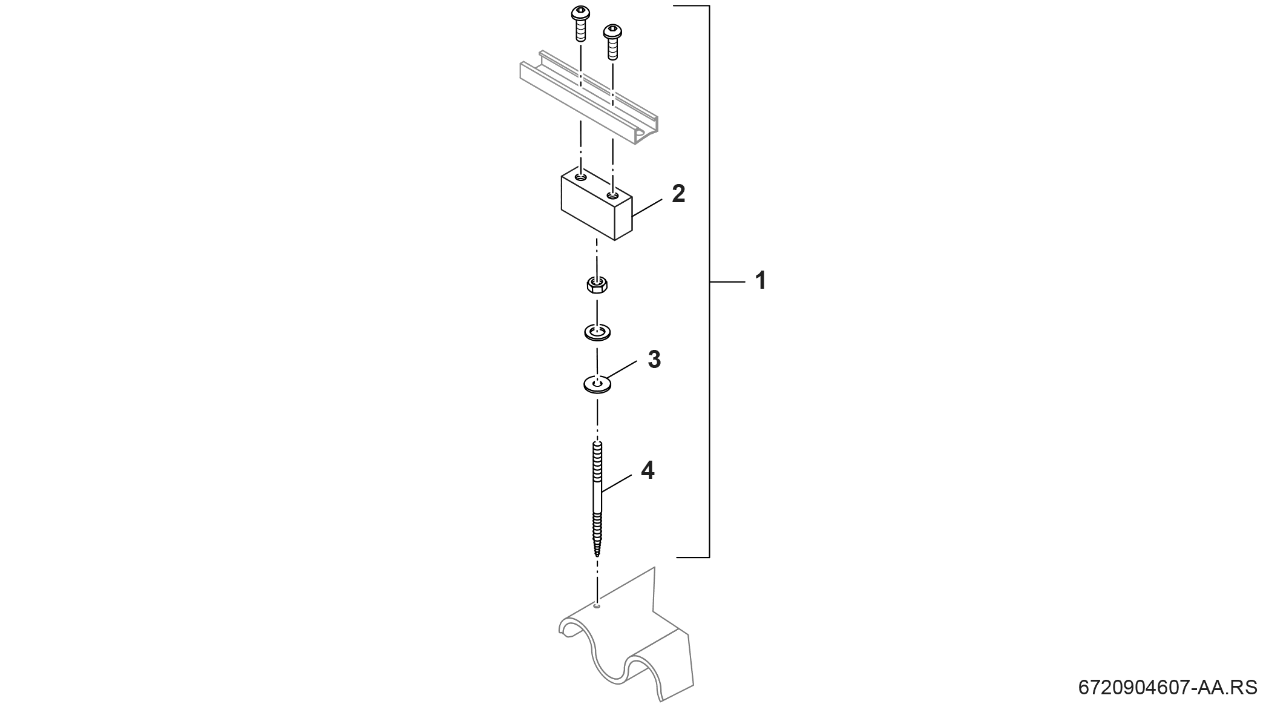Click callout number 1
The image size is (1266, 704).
tap(761, 281)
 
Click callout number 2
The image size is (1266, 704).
tap(678, 194)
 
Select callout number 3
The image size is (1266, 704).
tap(654, 359)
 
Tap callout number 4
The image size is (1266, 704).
tap(648, 470)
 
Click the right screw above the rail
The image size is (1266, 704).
tap(612, 41)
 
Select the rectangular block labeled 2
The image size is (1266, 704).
tap(597, 205)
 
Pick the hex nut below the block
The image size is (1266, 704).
tap(597, 285)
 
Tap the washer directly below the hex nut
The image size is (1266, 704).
tap(597, 332)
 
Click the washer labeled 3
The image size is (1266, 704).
tap(597, 384)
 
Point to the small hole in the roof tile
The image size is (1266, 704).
tap(597, 605)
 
